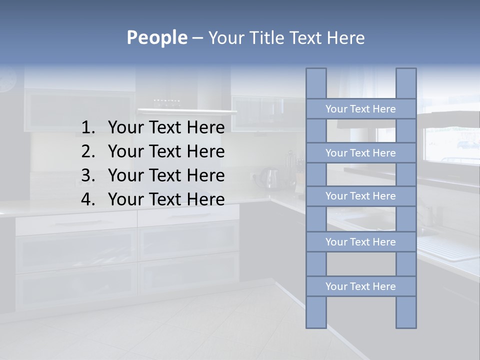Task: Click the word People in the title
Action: [x=156, y=37]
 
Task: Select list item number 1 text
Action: [x=166, y=127]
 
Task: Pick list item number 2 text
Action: [x=166, y=151]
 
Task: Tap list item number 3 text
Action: [x=166, y=175]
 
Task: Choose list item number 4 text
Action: [x=166, y=199]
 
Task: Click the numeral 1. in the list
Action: [x=88, y=127]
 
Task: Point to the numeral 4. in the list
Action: [x=88, y=199]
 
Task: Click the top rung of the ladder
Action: [x=360, y=109]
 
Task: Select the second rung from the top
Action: [x=360, y=153]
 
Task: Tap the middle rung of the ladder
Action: [x=360, y=196]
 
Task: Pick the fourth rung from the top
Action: [x=360, y=242]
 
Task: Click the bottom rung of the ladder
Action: [x=360, y=286]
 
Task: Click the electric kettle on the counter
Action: [x=271, y=178]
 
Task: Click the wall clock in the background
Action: [x=7, y=80]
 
